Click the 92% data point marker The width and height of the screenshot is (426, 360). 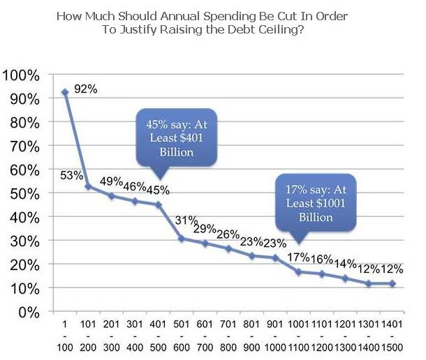pos(65,92)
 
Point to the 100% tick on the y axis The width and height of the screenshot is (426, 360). pos(24,75)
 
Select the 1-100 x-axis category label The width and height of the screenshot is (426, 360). pos(64,334)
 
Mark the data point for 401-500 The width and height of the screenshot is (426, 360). pos(159,204)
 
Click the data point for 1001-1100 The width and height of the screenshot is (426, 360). pos(299,271)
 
